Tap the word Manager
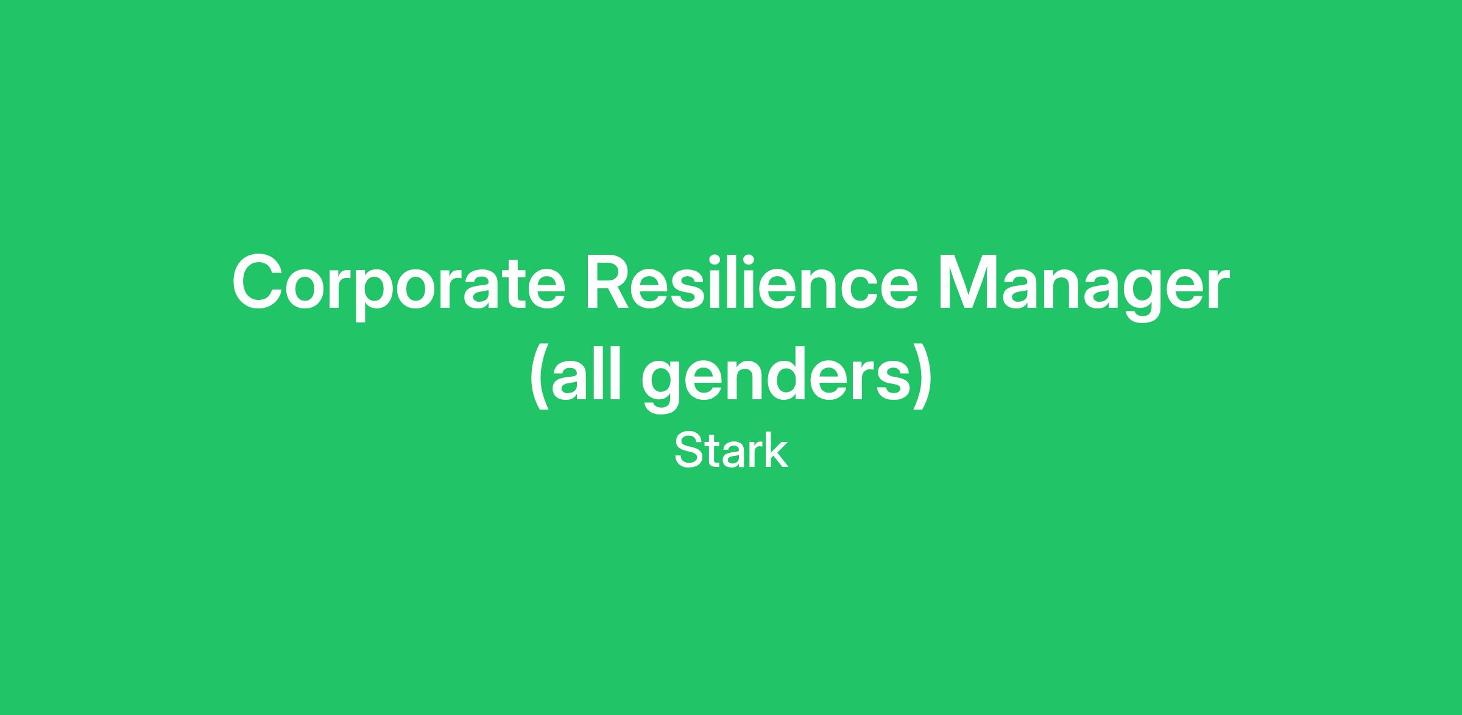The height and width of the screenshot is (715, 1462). pos(1082,286)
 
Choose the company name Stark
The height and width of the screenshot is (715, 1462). pos(731,451)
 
